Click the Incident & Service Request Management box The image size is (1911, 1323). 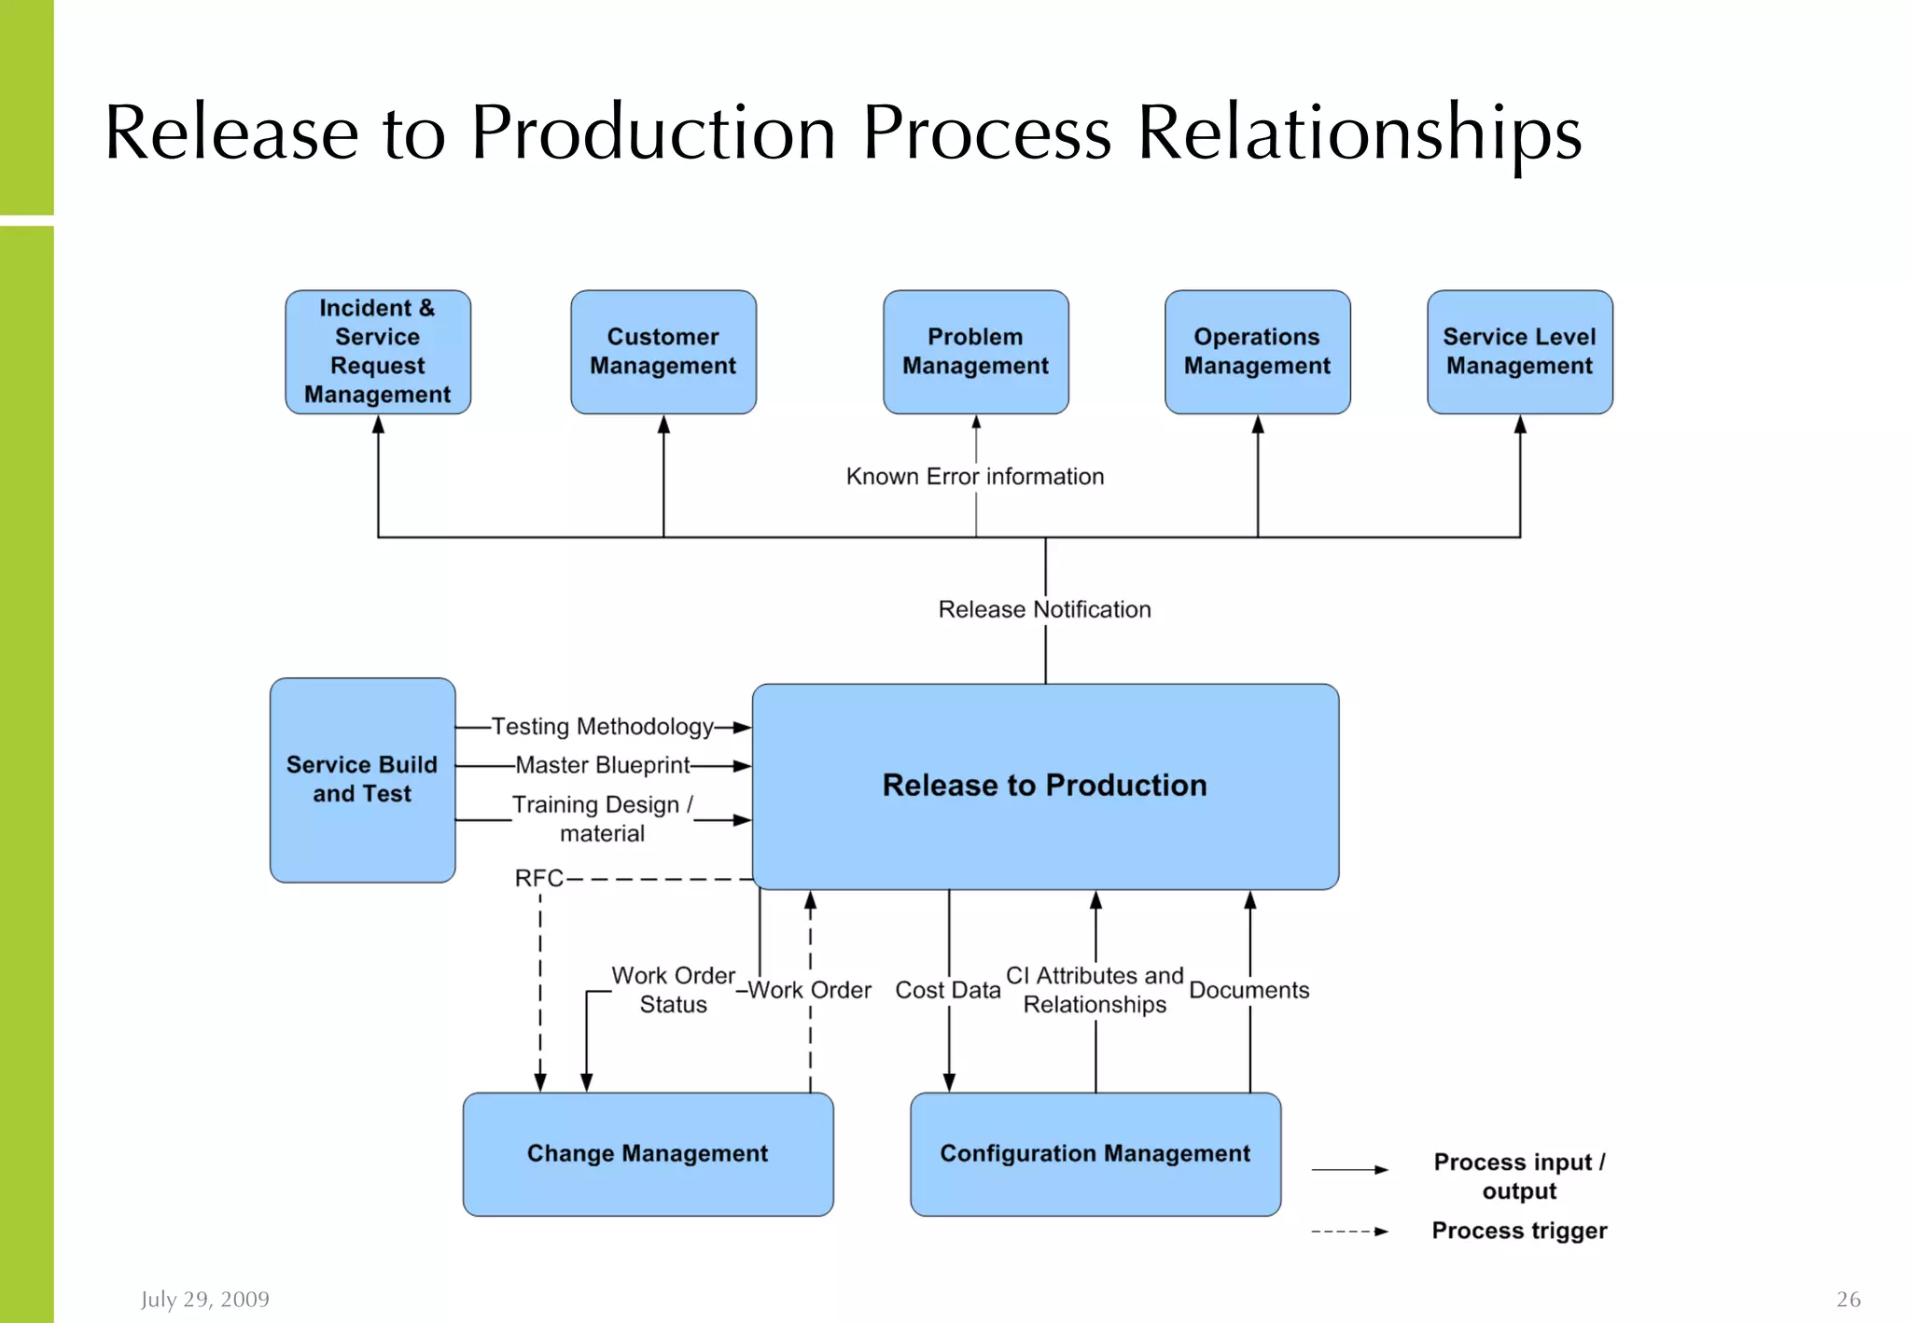point(378,352)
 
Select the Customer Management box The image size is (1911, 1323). point(663,352)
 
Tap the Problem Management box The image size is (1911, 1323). point(976,352)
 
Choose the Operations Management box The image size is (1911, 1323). point(1257,352)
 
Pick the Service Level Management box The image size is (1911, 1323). point(1519,352)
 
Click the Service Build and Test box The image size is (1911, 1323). point(362,780)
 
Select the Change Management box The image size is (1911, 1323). point(648,1154)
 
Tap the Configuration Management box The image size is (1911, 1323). point(1095,1154)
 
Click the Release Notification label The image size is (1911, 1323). point(1044,609)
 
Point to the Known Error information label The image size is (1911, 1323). point(974,477)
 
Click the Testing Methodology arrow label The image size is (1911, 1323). point(603,727)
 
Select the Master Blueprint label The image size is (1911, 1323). point(603,765)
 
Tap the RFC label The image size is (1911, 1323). point(539,878)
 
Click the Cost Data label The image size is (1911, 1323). point(948,990)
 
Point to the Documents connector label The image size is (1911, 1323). point(1248,990)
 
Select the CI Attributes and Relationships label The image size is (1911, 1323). point(1095,990)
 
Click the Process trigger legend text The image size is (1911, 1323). point(1519,1231)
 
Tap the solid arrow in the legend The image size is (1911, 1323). point(1349,1169)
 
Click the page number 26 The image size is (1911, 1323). point(1848,1299)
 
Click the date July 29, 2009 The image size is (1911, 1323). point(205,1299)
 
